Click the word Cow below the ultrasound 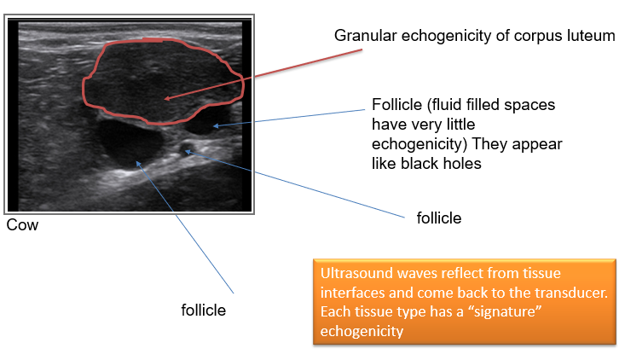coord(22,225)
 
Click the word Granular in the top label coord(366,36)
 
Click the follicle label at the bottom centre coord(203,311)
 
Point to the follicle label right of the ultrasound coord(439,218)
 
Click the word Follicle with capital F coord(396,105)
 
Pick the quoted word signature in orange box coord(504,311)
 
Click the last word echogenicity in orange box coord(362,331)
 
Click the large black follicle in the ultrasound coord(130,143)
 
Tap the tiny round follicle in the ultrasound coord(185,148)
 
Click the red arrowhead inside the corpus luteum coord(167,98)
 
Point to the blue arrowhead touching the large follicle coord(138,164)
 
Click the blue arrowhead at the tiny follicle coord(188,152)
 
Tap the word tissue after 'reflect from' coord(541,273)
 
